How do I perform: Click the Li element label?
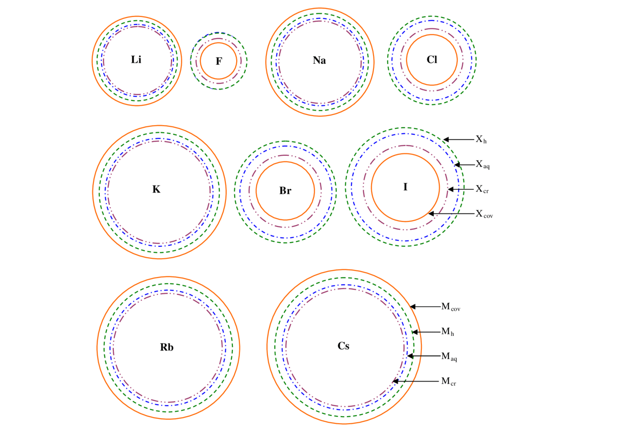click(136, 60)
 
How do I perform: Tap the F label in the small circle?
click(219, 61)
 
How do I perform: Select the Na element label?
click(319, 60)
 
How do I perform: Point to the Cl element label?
click(432, 60)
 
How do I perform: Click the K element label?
click(156, 190)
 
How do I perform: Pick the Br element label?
click(285, 191)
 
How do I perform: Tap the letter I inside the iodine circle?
click(405, 187)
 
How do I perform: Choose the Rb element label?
click(167, 348)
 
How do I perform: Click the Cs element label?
click(343, 346)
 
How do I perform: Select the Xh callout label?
click(481, 140)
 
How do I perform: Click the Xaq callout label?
click(482, 165)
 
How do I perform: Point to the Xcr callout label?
click(482, 189)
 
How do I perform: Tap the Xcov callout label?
click(484, 214)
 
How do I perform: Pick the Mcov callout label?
click(451, 307)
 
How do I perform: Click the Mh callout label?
click(447, 332)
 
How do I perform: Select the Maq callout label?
click(449, 357)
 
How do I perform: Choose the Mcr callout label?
click(448, 381)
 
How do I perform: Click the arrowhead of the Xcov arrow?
click(430, 214)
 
